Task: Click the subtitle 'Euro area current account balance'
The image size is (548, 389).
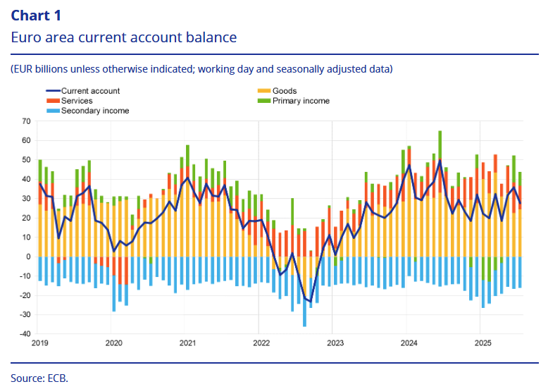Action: (x=123, y=37)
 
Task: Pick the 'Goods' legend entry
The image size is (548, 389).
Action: (x=285, y=91)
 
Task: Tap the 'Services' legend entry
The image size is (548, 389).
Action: (x=77, y=101)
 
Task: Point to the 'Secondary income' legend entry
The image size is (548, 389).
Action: (x=95, y=111)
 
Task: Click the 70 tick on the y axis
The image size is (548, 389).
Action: (x=27, y=121)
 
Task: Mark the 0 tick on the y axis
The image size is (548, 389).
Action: (x=29, y=257)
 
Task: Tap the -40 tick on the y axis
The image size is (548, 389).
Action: (x=25, y=333)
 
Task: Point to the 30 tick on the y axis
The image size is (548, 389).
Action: (x=27, y=199)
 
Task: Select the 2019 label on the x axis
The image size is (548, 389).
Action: (x=39, y=344)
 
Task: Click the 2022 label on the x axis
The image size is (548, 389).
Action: (x=261, y=344)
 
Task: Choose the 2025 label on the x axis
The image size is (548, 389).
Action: (x=482, y=344)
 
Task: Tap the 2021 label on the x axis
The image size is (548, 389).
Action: (x=187, y=344)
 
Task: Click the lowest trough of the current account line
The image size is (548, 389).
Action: (x=311, y=302)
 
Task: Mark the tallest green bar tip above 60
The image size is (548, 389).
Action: (x=440, y=132)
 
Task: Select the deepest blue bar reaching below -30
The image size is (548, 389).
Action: (x=304, y=325)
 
